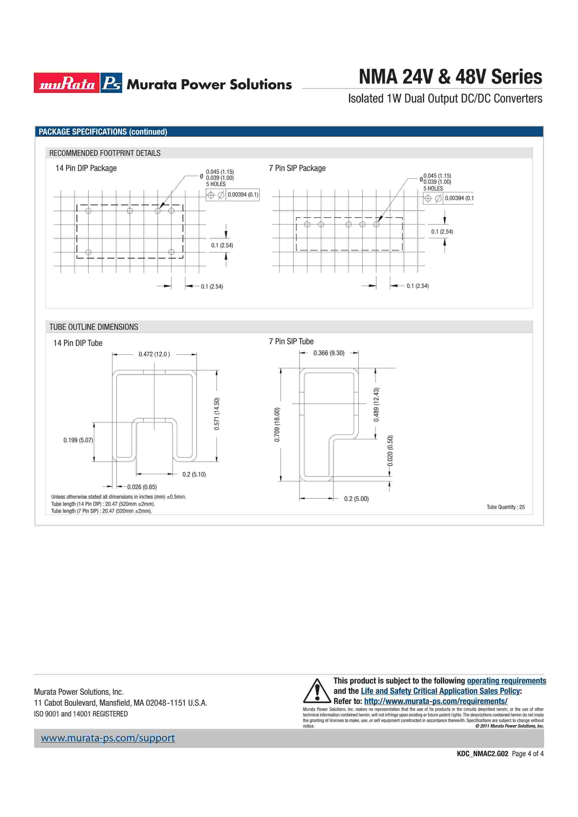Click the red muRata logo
click(x=67, y=83)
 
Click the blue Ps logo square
click(x=111, y=83)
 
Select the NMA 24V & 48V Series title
click(x=450, y=77)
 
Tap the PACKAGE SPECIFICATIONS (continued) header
click(x=103, y=132)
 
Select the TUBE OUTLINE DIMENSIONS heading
click(x=94, y=327)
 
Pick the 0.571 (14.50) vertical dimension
click(x=217, y=414)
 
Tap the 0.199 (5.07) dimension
click(x=78, y=440)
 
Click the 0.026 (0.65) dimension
click(x=142, y=487)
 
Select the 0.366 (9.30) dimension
click(x=329, y=353)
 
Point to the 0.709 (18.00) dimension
click(x=277, y=425)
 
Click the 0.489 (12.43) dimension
click(x=376, y=405)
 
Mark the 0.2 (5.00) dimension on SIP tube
click(x=356, y=499)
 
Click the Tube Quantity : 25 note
click(x=505, y=507)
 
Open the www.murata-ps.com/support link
click(x=107, y=738)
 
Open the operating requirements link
click(x=506, y=681)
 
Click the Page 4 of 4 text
click(x=527, y=754)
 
